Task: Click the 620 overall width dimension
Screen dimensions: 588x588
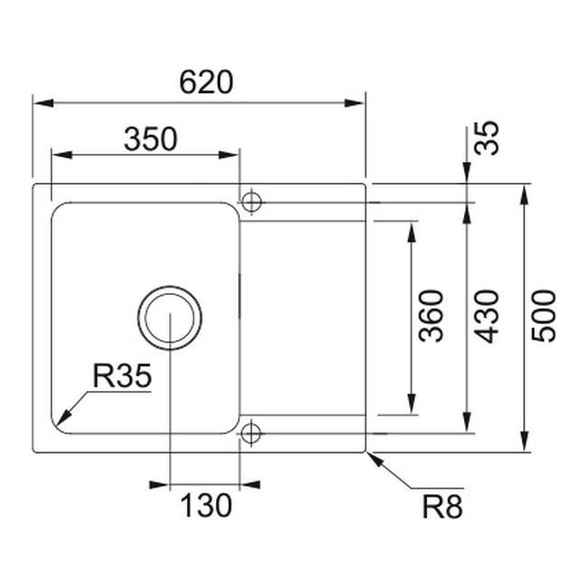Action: [x=206, y=82]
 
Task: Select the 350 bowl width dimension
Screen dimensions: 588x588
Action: [x=150, y=139]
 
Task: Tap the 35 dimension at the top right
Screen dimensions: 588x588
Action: [x=487, y=138]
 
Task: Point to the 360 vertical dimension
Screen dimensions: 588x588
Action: [x=431, y=316]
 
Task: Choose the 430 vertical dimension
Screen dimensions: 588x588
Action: [x=487, y=316]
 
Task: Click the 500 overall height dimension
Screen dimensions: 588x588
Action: [x=544, y=316]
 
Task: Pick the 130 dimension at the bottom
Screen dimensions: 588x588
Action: [x=206, y=506]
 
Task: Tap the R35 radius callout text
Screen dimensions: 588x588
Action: [x=122, y=375]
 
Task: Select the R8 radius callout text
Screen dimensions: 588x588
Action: [x=442, y=507]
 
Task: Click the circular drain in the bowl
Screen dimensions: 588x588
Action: [x=169, y=318]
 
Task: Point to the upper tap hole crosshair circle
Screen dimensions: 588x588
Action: [x=251, y=202]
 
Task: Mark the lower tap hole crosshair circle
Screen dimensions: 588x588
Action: [x=251, y=433]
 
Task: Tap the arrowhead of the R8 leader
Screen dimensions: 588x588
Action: [x=375, y=460]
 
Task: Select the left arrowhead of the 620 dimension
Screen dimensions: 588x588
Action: [x=43, y=103]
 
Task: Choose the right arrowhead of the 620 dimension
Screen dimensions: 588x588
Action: [x=355, y=103]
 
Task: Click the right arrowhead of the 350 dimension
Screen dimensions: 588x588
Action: [x=229, y=155]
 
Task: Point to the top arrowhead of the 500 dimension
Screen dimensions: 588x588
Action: [x=525, y=194]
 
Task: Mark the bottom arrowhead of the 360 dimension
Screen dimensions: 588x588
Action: [x=412, y=403]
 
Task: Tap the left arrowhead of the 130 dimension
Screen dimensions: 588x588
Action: [x=159, y=485]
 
